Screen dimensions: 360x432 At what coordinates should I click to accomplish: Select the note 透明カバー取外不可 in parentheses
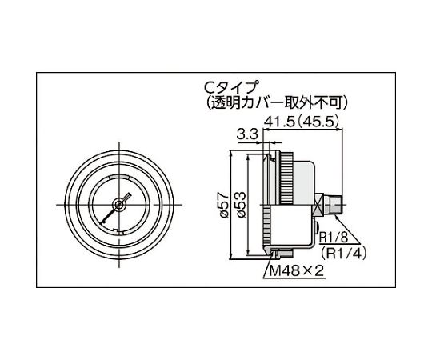click(271, 102)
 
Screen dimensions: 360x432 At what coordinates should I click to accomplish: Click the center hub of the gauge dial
click(118, 205)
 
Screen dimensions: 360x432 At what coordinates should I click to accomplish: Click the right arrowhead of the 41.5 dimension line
click(342, 131)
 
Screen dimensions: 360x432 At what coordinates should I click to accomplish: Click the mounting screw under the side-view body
click(276, 254)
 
